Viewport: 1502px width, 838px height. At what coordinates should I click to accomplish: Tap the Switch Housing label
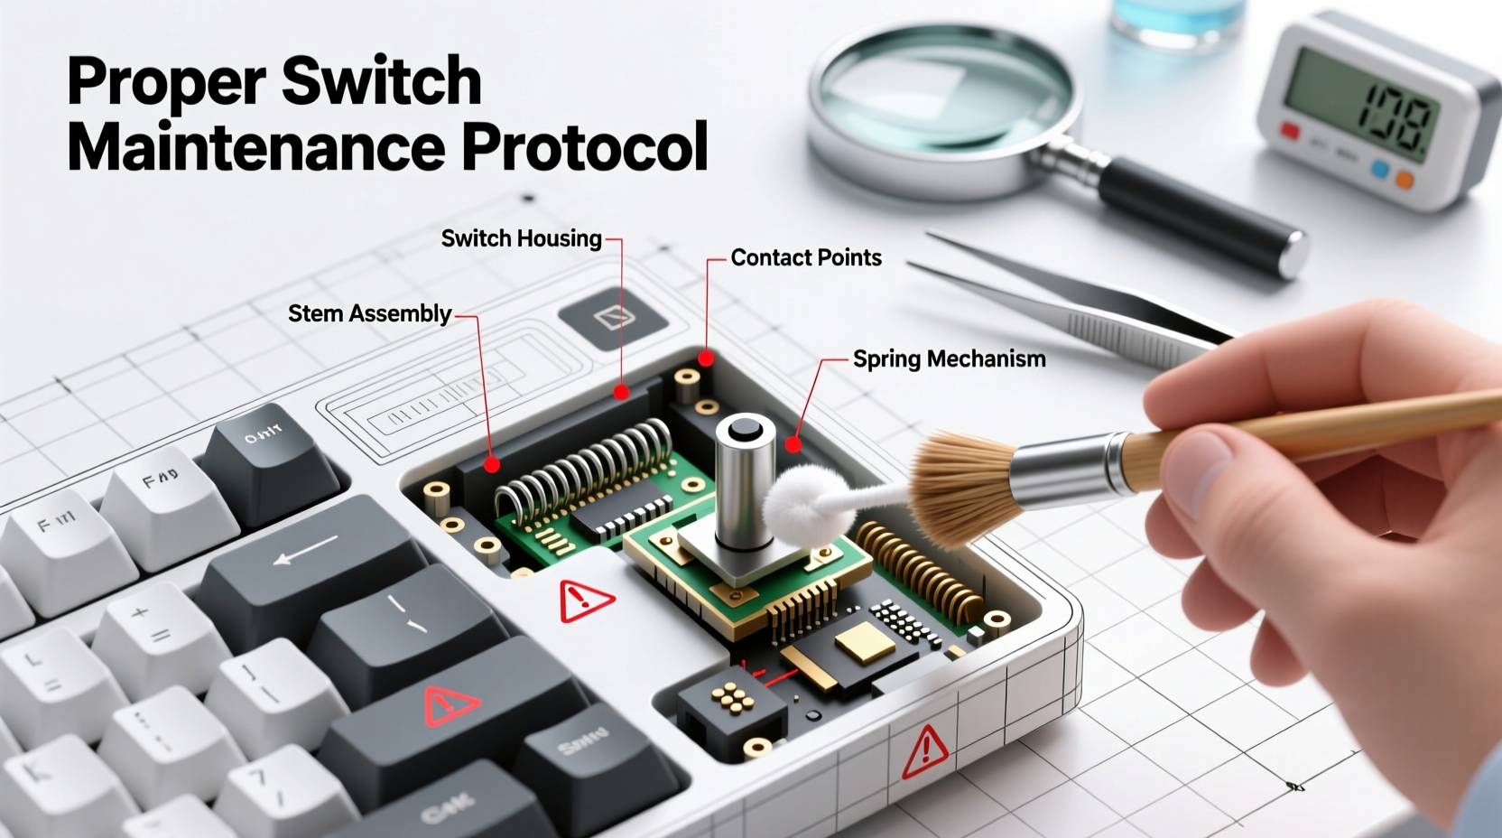(x=521, y=238)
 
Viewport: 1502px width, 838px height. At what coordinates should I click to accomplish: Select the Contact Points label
(x=805, y=258)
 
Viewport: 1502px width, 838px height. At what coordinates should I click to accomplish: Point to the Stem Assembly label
(x=369, y=313)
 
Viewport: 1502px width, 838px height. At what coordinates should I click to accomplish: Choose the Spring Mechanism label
(x=949, y=359)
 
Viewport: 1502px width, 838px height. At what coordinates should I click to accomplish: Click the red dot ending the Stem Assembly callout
(x=492, y=465)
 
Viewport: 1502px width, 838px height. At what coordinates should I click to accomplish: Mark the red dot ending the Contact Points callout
(x=706, y=358)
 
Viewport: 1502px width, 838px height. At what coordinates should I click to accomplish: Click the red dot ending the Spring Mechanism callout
(x=793, y=444)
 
